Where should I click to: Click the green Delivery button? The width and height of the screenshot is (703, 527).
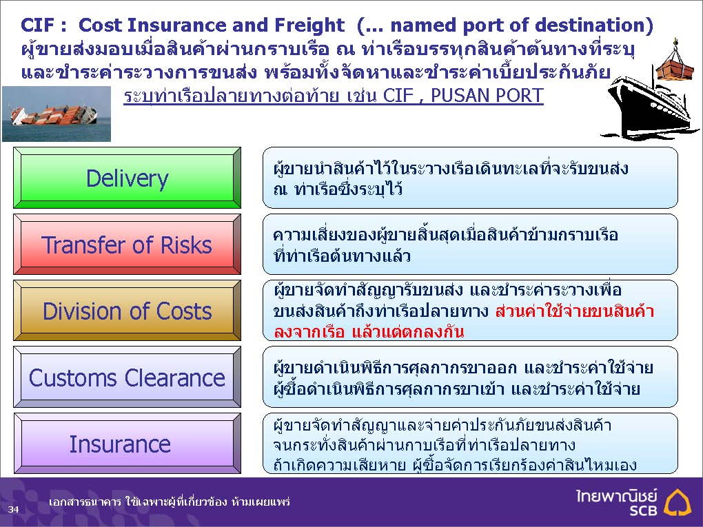(x=127, y=178)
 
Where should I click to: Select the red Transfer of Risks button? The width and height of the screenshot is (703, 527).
(x=127, y=245)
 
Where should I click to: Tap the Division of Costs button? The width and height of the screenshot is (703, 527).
(x=127, y=311)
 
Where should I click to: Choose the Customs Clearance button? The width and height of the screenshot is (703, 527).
(x=127, y=377)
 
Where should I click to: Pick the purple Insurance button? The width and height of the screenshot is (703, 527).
(x=127, y=443)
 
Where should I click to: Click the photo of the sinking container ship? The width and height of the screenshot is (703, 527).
(x=57, y=114)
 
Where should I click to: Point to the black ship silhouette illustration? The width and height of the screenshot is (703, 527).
(x=650, y=107)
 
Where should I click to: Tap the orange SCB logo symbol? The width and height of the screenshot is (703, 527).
(x=677, y=502)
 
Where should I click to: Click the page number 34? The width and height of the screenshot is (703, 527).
(x=13, y=508)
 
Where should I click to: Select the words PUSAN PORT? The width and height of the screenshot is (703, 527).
(x=487, y=96)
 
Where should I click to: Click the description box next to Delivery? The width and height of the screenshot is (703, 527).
(x=470, y=178)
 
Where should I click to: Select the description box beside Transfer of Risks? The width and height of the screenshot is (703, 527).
(x=470, y=245)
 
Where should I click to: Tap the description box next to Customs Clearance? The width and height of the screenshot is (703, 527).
(x=470, y=377)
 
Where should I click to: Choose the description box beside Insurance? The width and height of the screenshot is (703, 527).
(x=470, y=443)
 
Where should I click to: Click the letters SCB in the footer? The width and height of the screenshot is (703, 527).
(x=643, y=510)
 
